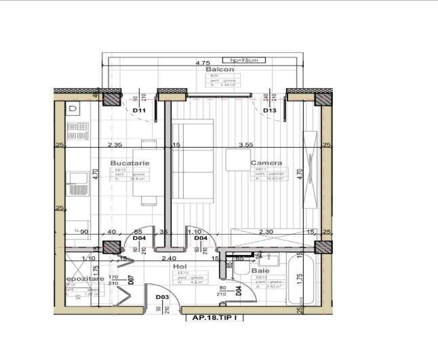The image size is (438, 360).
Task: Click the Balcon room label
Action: click(x=220, y=69)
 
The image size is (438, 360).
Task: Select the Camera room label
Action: click(x=266, y=163)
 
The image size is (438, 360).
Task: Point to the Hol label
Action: click(x=179, y=266)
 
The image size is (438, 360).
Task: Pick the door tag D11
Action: click(x=140, y=110)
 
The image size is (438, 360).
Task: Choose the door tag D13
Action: click(x=269, y=110)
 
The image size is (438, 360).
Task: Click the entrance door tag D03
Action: click(x=162, y=297)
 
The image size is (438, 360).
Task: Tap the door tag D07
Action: click(x=132, y=277)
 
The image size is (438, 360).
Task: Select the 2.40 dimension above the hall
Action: click(x=168, y=258)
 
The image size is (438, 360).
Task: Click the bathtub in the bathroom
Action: click(x=304, y=279)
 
